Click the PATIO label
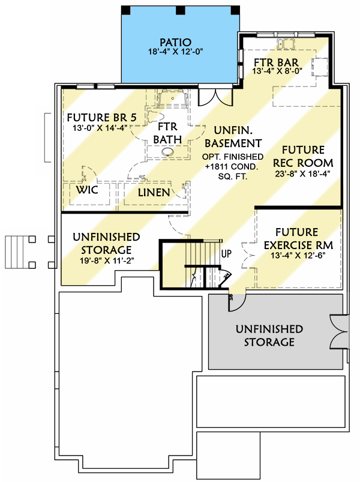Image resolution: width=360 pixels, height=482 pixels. click(x=175, y=42)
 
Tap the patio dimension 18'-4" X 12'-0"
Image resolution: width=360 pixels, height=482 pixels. click(x=175, y=52)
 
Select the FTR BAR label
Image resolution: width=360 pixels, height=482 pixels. click(x=276, y=62)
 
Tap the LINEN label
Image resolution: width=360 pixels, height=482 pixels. click(x=154, y=193)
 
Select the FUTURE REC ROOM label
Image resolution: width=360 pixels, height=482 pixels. click(x=304, y=156)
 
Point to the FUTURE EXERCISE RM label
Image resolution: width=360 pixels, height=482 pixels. click(x=296, y=238)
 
